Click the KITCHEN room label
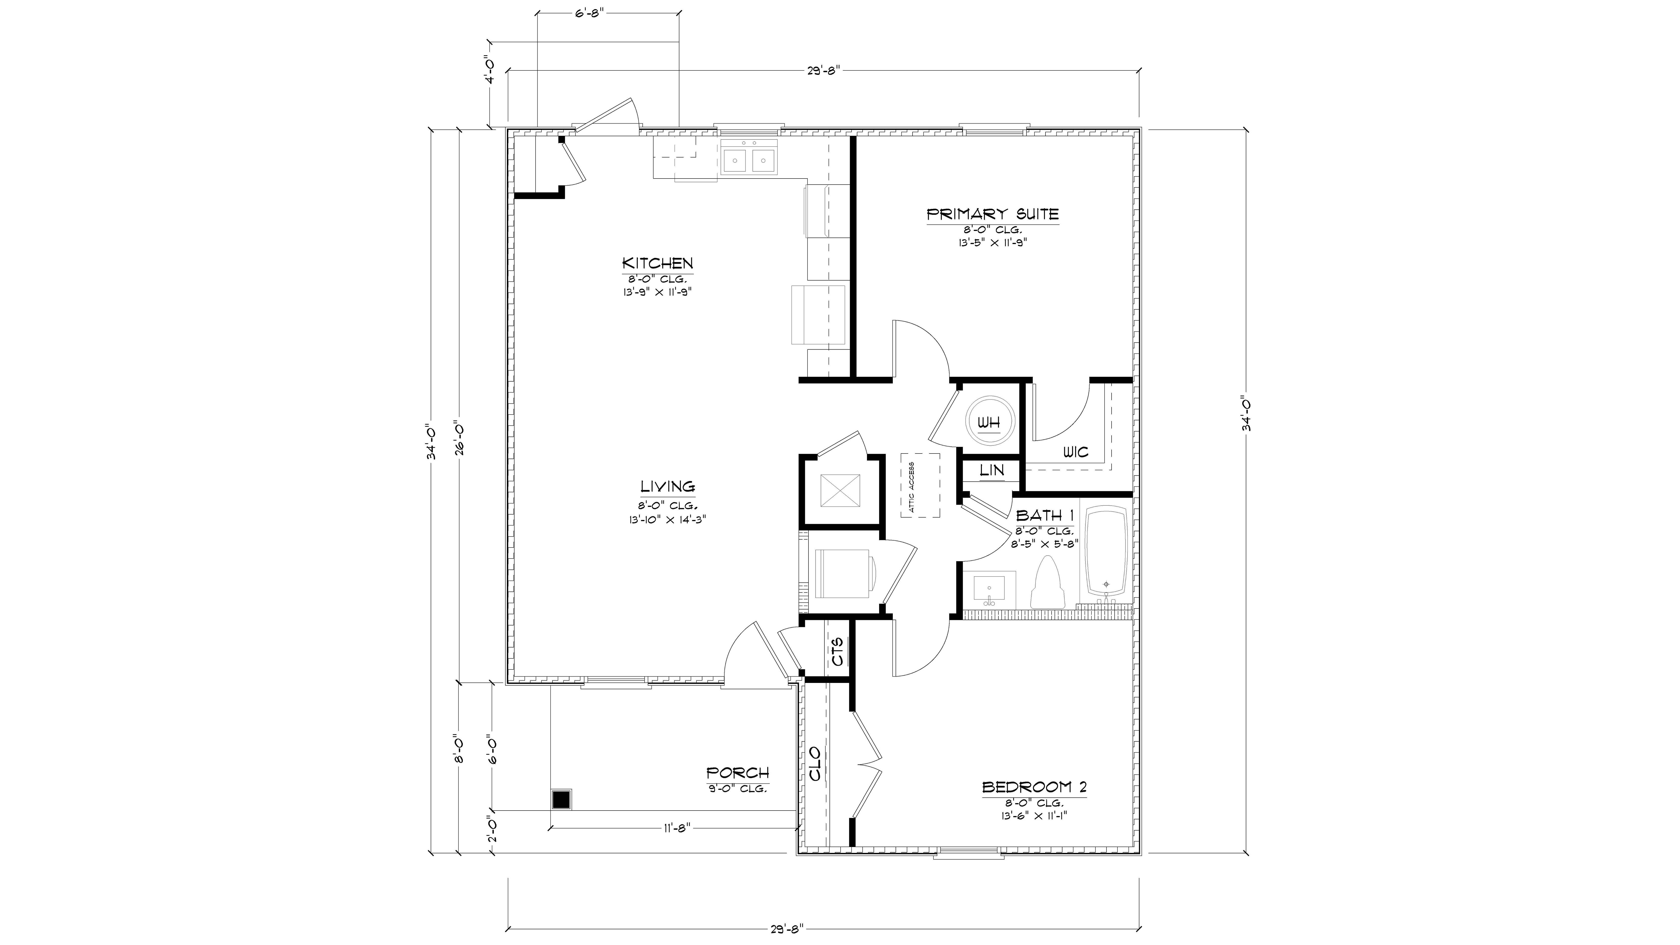point(657,264)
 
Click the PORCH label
point(738,773)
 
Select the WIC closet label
point(1075,452)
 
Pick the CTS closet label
point(837,651)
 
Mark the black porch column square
point(561,800)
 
